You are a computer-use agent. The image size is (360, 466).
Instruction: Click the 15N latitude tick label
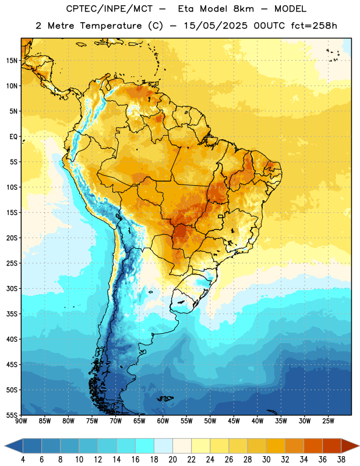coord(12,61)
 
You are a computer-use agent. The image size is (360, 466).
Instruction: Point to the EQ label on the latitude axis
coord(13,137)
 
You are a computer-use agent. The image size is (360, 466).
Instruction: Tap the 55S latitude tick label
coord(12,415)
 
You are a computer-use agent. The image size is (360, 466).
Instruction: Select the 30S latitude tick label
coord(12,288)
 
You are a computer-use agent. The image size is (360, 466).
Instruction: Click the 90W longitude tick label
coord(22,421)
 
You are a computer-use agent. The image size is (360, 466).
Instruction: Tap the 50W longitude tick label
coord(210,421)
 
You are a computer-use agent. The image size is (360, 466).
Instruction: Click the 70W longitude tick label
coord(116,421)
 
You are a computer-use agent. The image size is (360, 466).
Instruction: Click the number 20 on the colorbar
coord(172,460)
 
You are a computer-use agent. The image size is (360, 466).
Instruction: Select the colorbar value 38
coord(341,460)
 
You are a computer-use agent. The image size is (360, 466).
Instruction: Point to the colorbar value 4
coord(23,460)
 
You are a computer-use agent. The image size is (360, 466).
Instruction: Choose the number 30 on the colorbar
coord(266,460)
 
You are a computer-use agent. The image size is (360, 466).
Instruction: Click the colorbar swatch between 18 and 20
coord(163,446)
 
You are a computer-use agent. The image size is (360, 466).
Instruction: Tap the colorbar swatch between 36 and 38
coord(332,446)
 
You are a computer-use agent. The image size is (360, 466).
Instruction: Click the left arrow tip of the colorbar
coord(5,446)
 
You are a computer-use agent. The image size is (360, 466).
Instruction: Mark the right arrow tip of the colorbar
coord(359,446)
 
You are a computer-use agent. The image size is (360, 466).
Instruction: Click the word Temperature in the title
coord(111,26)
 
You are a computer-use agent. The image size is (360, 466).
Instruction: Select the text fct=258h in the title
coord(314,26)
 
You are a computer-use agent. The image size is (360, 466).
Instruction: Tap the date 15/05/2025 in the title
coord(216,26)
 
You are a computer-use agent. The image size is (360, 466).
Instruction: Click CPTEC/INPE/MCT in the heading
coord(110,9)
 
